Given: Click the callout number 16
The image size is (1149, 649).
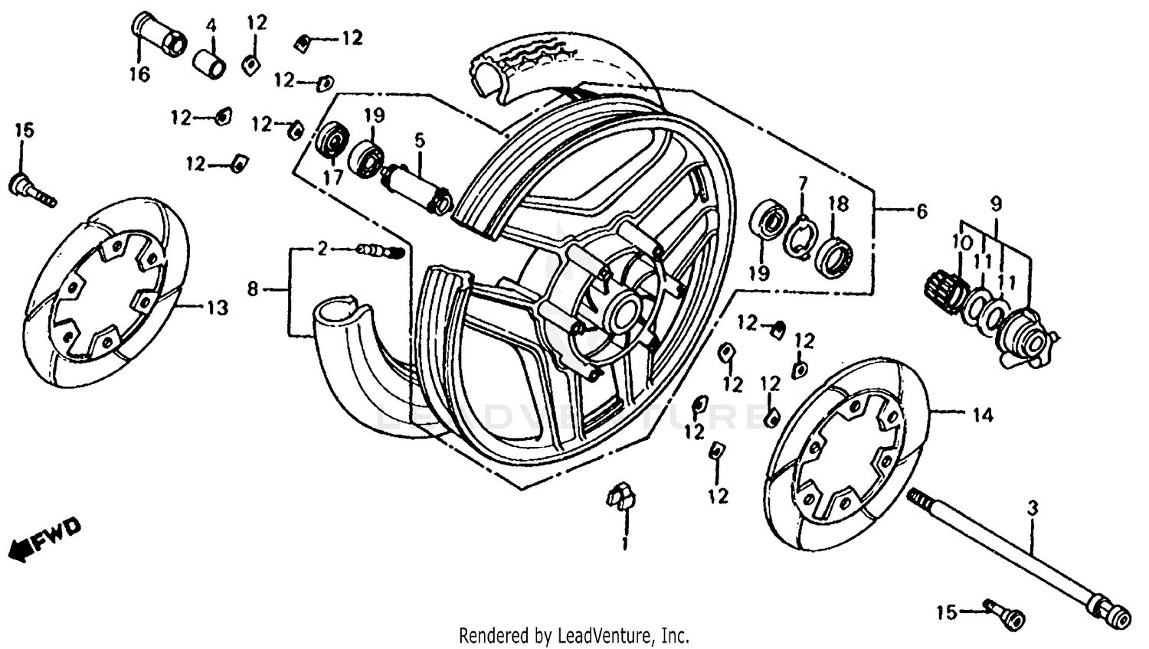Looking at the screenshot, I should coord(139,75).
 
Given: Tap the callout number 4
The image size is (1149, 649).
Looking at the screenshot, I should coord(211,27).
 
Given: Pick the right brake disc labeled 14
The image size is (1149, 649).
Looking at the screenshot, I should coord(850,452).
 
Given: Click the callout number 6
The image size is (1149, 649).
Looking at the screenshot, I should coord(921,211).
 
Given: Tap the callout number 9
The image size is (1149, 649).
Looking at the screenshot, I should coord(995,204).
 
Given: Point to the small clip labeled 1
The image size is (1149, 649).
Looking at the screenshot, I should coord(621,496).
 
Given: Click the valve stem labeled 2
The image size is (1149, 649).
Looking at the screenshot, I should coord(381,250).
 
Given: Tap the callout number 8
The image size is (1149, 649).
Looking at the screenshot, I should coord(253,289).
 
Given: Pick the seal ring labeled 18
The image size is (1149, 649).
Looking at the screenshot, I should coord(836,253).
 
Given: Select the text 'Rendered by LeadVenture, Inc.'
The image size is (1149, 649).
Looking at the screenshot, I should coord(574,635).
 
